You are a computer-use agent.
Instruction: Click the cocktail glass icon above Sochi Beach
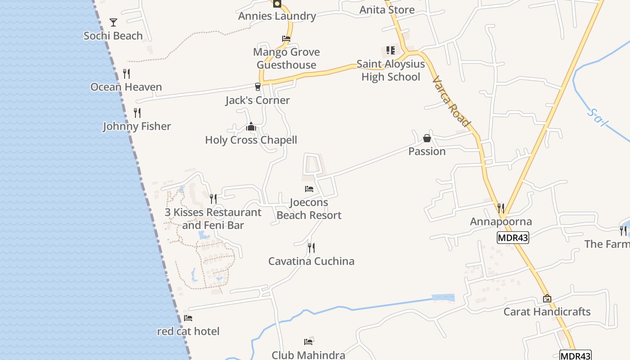113,22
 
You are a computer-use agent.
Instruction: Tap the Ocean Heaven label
126,87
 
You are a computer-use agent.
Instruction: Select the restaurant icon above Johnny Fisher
137,112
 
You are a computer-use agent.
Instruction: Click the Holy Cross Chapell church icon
251,127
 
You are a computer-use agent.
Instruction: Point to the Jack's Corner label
257,100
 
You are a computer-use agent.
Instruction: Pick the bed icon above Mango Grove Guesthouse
286,39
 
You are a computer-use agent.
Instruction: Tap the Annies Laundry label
277,16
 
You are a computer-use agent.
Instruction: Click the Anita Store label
387,9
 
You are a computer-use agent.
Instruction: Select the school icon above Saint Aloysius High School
391,50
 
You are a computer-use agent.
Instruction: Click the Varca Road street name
451,102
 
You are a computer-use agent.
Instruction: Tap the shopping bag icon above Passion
427,138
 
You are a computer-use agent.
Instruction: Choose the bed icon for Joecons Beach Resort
309,189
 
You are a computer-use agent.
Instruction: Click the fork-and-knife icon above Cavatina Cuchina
311,247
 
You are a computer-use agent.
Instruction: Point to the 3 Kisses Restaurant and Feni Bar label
213,219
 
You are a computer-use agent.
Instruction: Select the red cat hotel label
188,331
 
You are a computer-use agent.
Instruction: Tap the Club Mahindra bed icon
308,342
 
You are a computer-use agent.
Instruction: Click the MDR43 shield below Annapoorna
513,238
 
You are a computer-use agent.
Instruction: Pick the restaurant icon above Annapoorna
500,208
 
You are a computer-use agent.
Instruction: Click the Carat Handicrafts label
547,311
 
